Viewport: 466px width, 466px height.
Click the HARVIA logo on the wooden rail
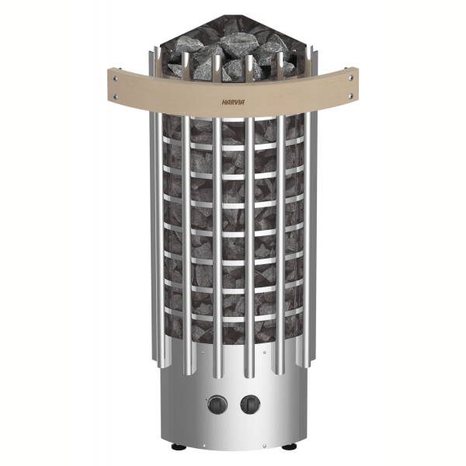click(233, 103)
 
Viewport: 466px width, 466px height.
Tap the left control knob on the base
click(217, 405)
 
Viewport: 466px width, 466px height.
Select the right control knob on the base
click(250, 405)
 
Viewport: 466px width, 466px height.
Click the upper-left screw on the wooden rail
click(115, 78)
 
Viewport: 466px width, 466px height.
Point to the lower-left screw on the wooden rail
click(115, 96)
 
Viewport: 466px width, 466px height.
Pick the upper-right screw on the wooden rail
click(351, 78)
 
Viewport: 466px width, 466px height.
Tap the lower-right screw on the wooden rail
click(351, 96)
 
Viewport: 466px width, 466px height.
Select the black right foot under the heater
click(286, 447)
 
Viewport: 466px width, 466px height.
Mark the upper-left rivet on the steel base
click(203, 353)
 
